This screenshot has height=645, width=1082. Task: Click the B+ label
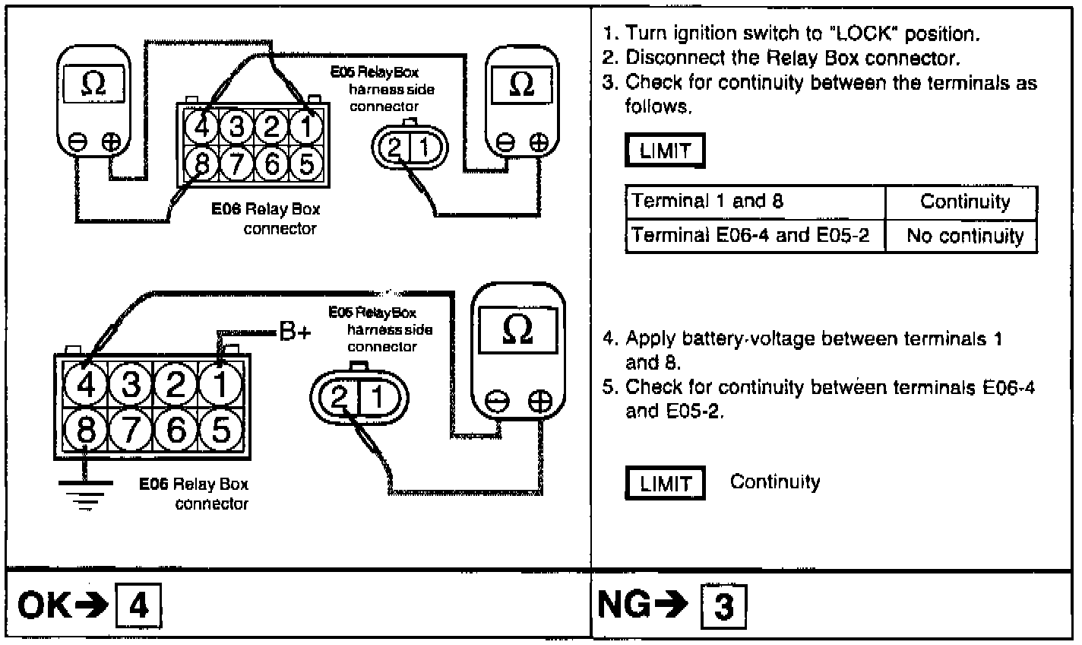click(295, 332)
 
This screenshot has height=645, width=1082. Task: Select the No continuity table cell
click(965, 236)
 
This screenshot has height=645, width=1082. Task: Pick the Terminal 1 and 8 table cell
click(755, 202)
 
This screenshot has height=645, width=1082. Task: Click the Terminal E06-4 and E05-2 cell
click(755, 236)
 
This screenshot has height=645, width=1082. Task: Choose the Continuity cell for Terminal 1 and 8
click(965, 202)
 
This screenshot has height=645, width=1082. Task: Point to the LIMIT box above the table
click(665, 151)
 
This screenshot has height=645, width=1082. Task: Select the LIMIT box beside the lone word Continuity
click(665, 484)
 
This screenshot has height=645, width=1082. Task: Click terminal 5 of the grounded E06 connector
click(220, 431)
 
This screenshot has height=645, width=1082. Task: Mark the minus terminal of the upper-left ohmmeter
click(78, 142)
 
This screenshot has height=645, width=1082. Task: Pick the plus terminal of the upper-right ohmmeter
click(539, 142)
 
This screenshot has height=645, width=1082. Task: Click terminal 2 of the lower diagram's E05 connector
click(340, 399)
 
